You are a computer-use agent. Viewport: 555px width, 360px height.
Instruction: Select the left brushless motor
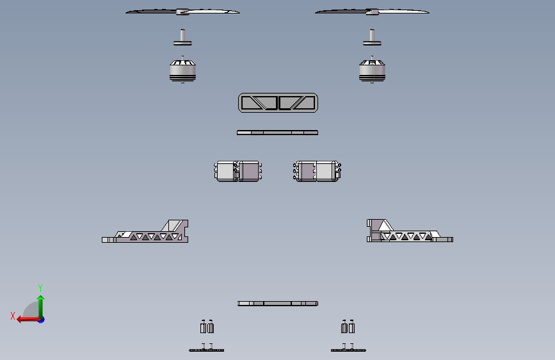tap(182, 70)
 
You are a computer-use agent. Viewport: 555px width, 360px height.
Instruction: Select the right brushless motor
tap(372, 70)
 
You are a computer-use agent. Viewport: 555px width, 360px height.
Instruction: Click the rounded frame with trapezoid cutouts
tap(278, 102)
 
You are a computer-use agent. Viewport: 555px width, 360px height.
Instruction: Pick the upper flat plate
tap(277, 133)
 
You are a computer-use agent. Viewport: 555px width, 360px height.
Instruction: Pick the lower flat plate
tap(277, 303)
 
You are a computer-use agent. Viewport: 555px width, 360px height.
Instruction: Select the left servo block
tap(238, 171)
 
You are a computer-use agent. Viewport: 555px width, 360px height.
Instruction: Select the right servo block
tap(318, 171)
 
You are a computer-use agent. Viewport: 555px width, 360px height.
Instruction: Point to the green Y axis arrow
tap(40, 305)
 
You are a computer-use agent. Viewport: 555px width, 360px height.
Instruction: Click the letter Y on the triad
tap(40, 288)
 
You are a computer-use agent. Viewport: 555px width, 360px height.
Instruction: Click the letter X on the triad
tap(12, 316)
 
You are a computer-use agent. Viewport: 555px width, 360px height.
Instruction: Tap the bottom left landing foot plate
tap(206, 350)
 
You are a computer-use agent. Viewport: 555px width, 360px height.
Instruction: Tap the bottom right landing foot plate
tap(348, 350)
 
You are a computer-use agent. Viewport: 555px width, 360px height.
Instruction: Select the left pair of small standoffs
tap(207, 327)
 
